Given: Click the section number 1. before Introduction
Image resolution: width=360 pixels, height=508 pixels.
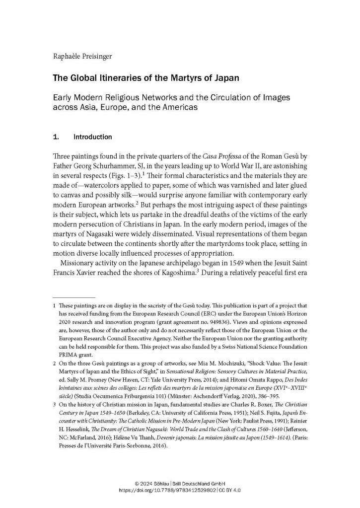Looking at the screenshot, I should [x=56, y=137].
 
